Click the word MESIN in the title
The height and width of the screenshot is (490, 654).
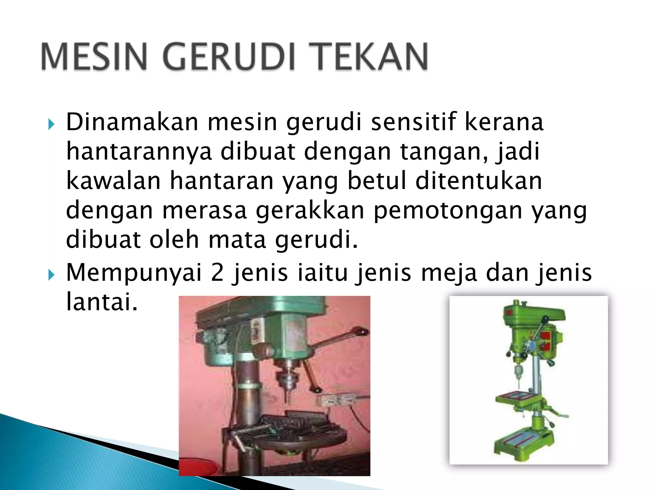(94, 56)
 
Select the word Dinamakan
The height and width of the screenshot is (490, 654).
(132, 122)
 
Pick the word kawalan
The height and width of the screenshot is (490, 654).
(113, 181)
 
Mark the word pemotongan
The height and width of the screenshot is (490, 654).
(447, 211)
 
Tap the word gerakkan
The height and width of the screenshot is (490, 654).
(310, 211)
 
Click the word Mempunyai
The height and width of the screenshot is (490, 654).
(134, 273)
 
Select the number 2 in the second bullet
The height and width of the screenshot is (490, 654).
(217, 273)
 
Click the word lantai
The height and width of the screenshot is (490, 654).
(102, 301)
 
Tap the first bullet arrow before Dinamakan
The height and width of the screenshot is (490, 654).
(51, 124)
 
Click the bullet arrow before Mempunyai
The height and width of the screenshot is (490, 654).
(51, 275)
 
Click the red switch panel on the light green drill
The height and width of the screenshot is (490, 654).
(547, 341)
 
